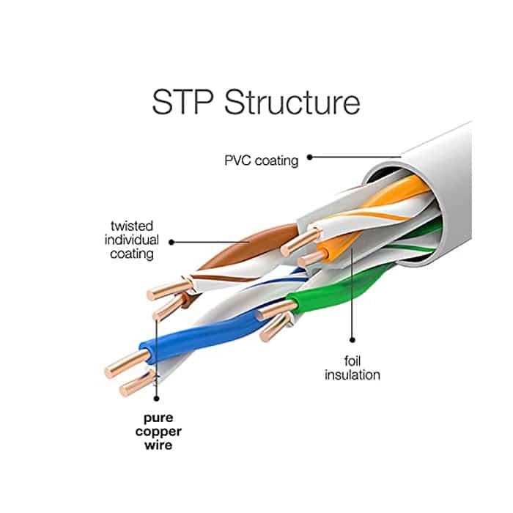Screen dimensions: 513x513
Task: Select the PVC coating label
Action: click(262, 160)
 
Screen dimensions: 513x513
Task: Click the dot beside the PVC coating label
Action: click(310, 157)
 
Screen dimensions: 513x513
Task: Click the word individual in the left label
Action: click(132, 240)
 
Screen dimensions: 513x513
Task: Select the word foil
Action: click(353, 361)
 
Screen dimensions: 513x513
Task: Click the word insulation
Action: click(353, 375)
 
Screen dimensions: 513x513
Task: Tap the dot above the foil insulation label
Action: click(352, 339)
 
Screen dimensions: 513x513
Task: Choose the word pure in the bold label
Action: click(155, 417)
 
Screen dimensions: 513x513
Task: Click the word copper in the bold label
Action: click(155, 431)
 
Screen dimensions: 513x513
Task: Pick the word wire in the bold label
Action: click(155, 445)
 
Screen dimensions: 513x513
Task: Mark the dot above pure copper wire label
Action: click(155, 398)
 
